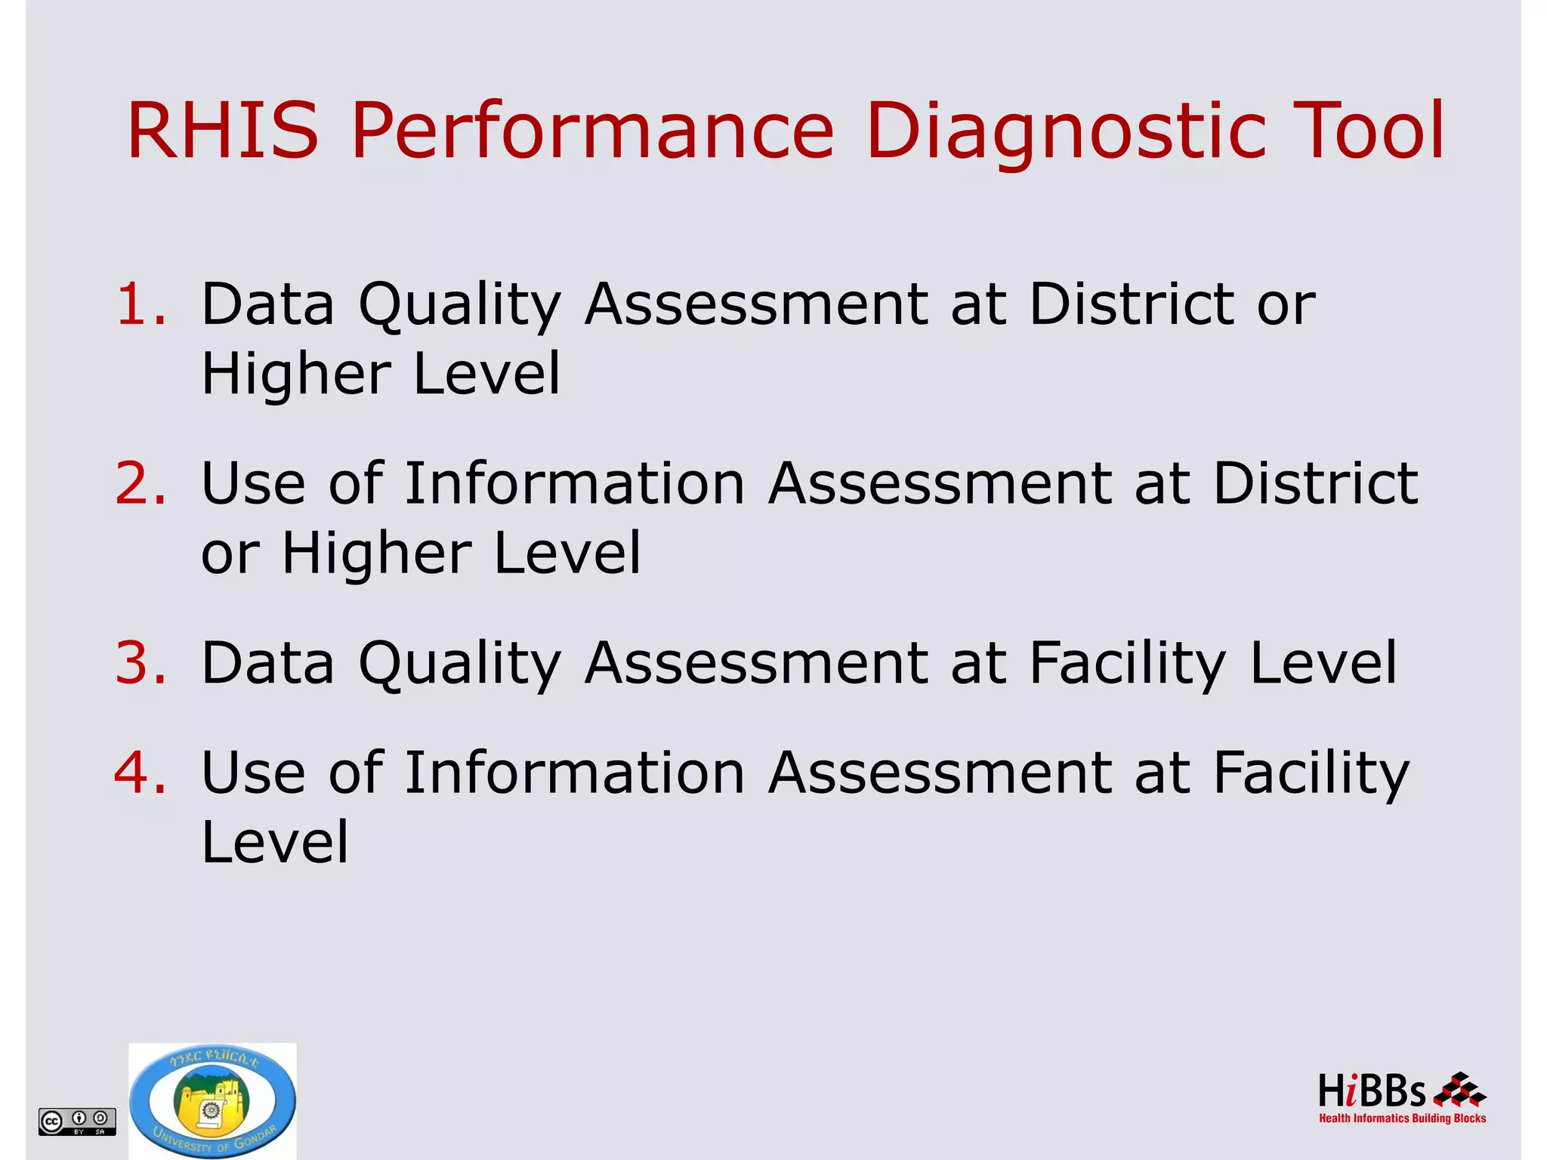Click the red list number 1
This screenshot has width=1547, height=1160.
tap(140, 304)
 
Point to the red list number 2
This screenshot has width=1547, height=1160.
tap(140, 483)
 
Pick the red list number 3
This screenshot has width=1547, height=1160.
tap(140, 662)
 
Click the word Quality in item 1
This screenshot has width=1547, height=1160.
tap(459, 305)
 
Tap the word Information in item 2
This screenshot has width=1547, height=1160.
tap(575, 483)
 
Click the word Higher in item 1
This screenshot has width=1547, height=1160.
tap(297, 373)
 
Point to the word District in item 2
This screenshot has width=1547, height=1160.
tap(1315, 483)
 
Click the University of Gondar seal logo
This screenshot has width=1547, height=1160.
tap(212, 1100)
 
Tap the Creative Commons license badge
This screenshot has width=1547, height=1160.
tap(77, 1121)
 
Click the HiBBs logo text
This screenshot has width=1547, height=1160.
tap(1372, 1091)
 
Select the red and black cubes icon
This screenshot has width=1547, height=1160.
tap(1459, 1090)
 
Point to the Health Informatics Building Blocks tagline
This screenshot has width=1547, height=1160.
tap(1402, 1118)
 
